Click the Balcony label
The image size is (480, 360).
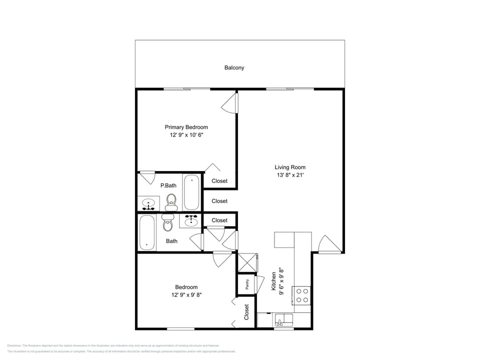click(x=234, y=67)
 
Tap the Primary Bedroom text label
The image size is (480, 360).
click(x=186, y=127)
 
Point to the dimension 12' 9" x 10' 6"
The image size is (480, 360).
click(x=186, y=135)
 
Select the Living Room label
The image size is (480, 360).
click(x=290, y=167)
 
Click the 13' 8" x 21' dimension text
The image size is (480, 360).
click(x=290, y=175)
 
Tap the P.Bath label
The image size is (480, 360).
click(x=168, y=185)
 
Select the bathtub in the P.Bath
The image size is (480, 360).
click(x=191, y=192)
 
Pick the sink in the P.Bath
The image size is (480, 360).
click(x=148, y=204)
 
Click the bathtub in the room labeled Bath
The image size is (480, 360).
click(x=146, y=232)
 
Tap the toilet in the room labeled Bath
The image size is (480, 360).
click(x=167, y=223)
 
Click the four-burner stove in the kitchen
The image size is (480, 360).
click(x=302, y=295)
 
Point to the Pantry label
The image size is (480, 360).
click(x=247, y=284)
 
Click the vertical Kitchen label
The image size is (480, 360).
click(x=273, y=281)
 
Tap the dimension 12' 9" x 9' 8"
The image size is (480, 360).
click(x=186, y=295)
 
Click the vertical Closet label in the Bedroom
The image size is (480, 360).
click(x=246, y=312)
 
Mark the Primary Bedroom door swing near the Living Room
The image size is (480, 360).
click(x=228, y=103)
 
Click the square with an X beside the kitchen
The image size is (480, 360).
click(x=247, y=263)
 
